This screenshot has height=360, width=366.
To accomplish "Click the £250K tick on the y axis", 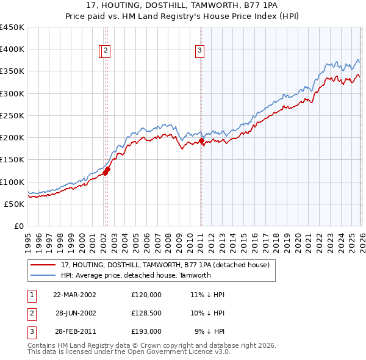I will (x=12, y=115).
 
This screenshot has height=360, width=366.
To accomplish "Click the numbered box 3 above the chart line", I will (x=199, y=51).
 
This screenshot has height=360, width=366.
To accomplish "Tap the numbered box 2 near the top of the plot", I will (x=106, y=51).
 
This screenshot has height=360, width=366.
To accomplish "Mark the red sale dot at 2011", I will (x=201, y=141).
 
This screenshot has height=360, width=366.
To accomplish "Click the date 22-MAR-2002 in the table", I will (x=74, y=295).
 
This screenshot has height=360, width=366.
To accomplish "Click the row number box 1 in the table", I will (x=31, y=295).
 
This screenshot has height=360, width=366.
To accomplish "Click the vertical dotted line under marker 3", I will (x=201, y=183).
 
